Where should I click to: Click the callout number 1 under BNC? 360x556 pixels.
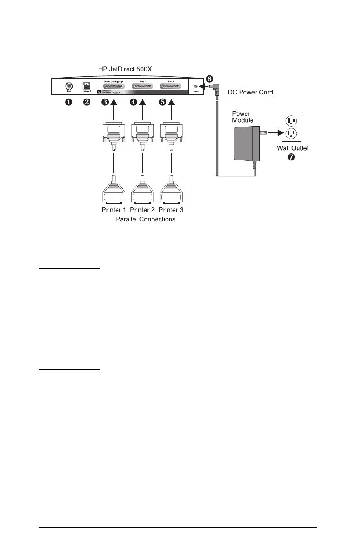68,102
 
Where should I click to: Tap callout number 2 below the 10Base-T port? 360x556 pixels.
87,102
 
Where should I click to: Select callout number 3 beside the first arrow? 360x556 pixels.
105,102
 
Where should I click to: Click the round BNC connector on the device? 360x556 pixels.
69,86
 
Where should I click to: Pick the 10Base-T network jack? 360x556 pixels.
86,86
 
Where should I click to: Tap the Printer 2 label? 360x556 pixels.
142,210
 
